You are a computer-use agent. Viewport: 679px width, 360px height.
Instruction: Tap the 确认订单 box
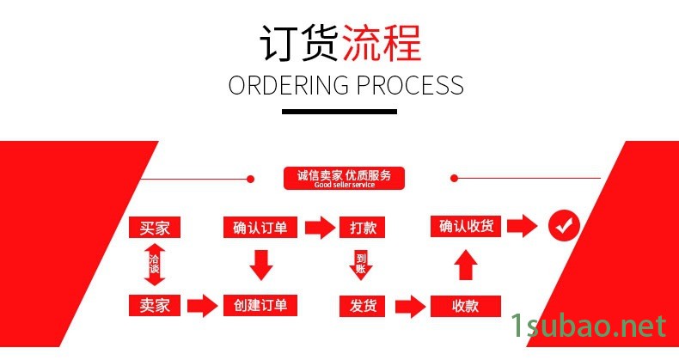click(x=260, y=228)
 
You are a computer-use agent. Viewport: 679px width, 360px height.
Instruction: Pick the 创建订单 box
click(x=260, y=305)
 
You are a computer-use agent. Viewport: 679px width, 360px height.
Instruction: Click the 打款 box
click(x=362, y=228)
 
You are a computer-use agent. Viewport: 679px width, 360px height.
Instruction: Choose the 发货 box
click(x=362, y=305)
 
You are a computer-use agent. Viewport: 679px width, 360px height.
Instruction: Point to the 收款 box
click(x=465, y=305)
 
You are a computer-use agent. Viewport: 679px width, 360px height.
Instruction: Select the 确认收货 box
click(x=465, y=227)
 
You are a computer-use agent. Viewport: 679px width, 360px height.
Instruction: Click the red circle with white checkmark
click(x=565, y=227)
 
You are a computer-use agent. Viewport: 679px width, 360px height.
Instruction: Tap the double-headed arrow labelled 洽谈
click(x=155, y=265)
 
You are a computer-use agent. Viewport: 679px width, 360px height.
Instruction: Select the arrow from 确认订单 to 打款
click(x=318, y=228)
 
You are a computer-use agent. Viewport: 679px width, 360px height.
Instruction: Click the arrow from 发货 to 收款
click(x=412, y=305)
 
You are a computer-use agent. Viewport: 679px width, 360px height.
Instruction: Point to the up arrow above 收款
click(x=465, y=265)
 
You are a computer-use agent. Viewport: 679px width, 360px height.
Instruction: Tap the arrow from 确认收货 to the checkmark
click(x=521, y=227)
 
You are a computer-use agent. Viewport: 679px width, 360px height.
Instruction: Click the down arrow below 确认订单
click(x=260, y=265)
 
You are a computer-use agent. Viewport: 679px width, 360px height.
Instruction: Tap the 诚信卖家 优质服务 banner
click(x=344, y=178)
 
